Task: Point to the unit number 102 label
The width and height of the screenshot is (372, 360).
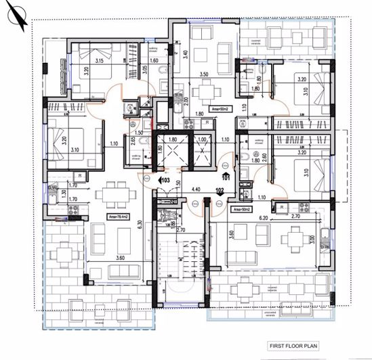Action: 220,192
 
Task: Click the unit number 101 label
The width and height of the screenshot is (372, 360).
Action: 226,178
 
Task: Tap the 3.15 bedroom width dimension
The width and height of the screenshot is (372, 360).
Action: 99,62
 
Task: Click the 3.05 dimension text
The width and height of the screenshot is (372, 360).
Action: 144,68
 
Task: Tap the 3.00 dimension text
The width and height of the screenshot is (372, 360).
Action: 312,239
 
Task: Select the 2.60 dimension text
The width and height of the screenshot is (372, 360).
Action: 264,158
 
